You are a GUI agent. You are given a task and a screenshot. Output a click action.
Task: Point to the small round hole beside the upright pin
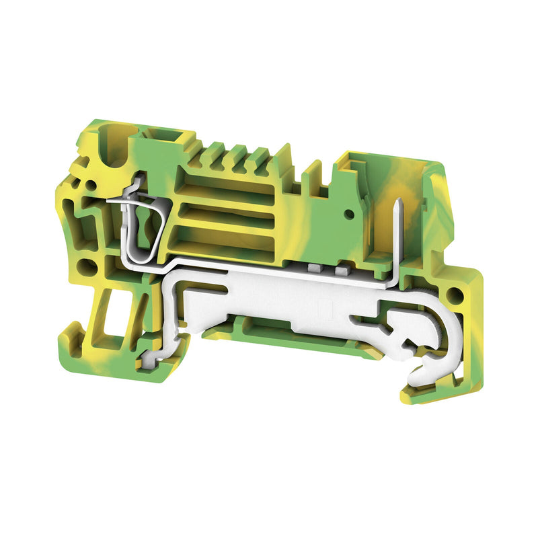tap(348, 214)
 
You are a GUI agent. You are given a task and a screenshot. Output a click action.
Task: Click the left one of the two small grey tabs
tap(314, 268)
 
